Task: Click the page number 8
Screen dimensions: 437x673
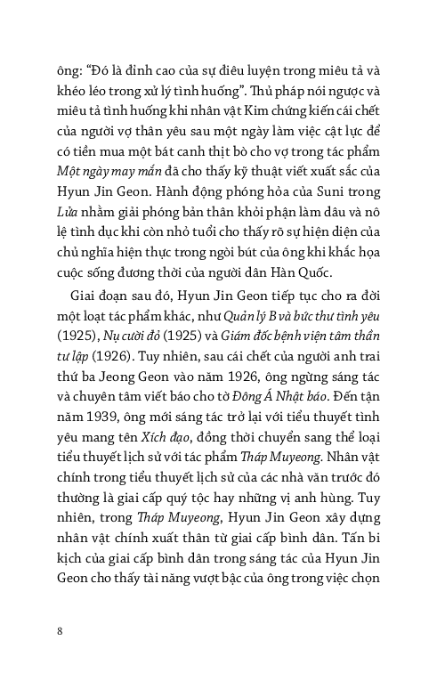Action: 58,632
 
